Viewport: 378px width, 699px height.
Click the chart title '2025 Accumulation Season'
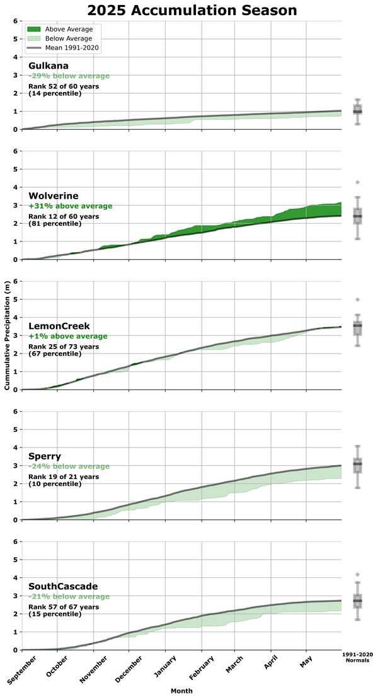pos(192,11)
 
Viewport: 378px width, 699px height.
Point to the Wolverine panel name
pos(54,196)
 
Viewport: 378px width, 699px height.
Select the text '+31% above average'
pos(71,206)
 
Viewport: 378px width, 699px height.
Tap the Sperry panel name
pos(44,456)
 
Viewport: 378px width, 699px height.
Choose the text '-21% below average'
pos(69,596)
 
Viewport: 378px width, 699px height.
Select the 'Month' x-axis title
pos(181,691)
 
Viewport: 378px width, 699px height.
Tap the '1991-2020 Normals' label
pos(357,657)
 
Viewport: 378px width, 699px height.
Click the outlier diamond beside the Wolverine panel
pos(357,182)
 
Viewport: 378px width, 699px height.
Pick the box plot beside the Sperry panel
pos(357,466)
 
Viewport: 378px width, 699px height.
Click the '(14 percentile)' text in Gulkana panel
pos(55,93)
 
